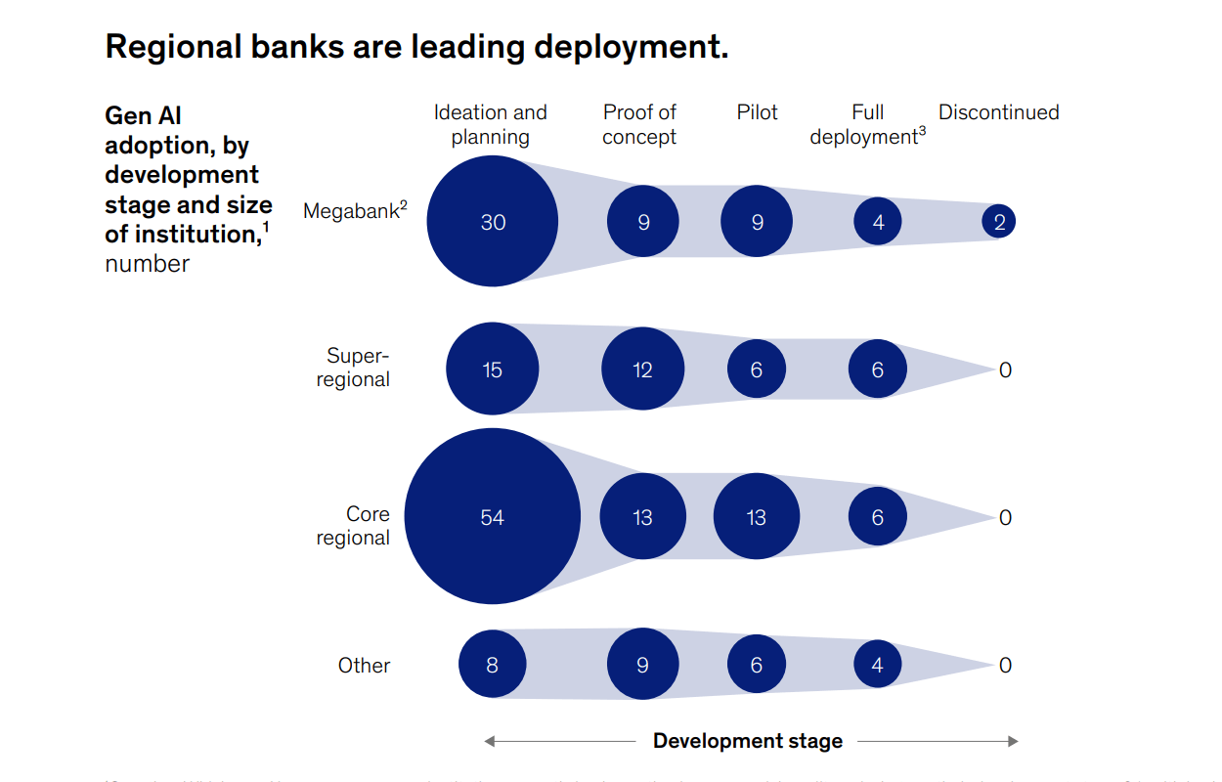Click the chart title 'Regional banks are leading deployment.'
point(416,46)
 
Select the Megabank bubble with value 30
point(493,222)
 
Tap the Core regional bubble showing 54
point(493,517)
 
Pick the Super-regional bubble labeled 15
point(493,369)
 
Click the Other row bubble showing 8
point(493,665)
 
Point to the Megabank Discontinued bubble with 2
point(999,222)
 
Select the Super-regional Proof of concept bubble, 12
point(642,369)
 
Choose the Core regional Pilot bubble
point(757,517)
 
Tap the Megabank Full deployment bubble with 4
point(878,222)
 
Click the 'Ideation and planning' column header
point(491,125)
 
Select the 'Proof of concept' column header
point(639,125)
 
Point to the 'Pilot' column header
point(757,112)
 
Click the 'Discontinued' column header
point(998,112)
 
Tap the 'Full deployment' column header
point(867,125)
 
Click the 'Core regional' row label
point(353,526)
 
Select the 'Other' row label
point(364,666)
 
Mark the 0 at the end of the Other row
point(1005,666)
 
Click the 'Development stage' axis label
point(747,741)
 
